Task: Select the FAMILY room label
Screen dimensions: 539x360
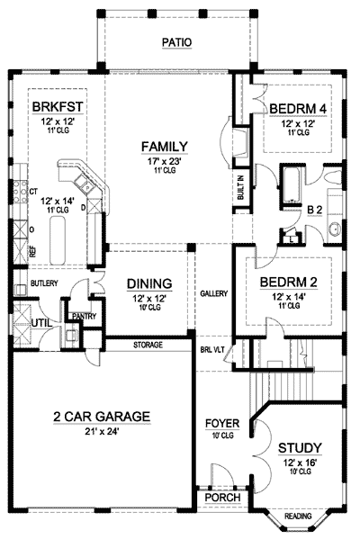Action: point(163,146)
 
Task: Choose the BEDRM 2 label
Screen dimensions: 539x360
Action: point(286,282)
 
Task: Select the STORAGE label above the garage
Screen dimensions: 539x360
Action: point(148,344)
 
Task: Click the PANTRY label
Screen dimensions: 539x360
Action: point(84,316)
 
